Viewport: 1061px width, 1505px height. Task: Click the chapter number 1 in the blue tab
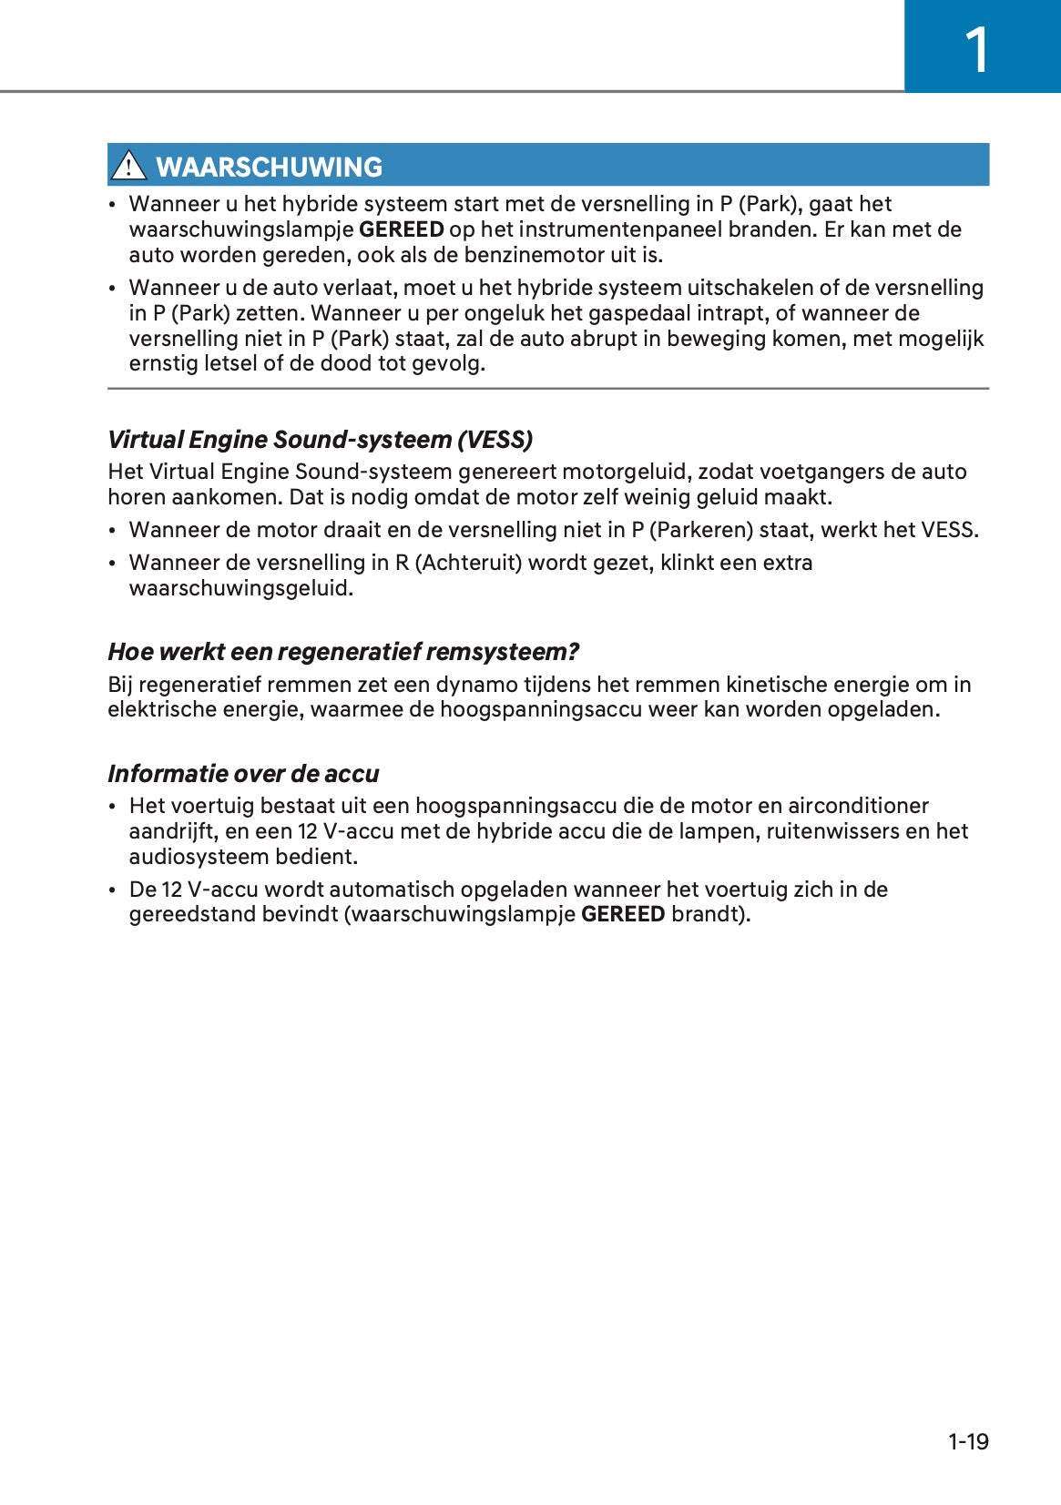click(x=976, y=50)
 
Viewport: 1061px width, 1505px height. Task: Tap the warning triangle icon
click(x=128, y=166)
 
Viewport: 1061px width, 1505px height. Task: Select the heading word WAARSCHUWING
click(x=269, y=167)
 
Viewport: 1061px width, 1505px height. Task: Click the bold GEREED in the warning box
click(x=402, y=229)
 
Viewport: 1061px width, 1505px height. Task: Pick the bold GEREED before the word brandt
click(x=623, y=914)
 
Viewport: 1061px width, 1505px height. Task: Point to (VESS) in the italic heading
click(x=495, y=440)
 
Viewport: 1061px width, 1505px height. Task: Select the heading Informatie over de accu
click(x=243, y=774)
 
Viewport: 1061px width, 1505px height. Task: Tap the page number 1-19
click(x=968, y=1441)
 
